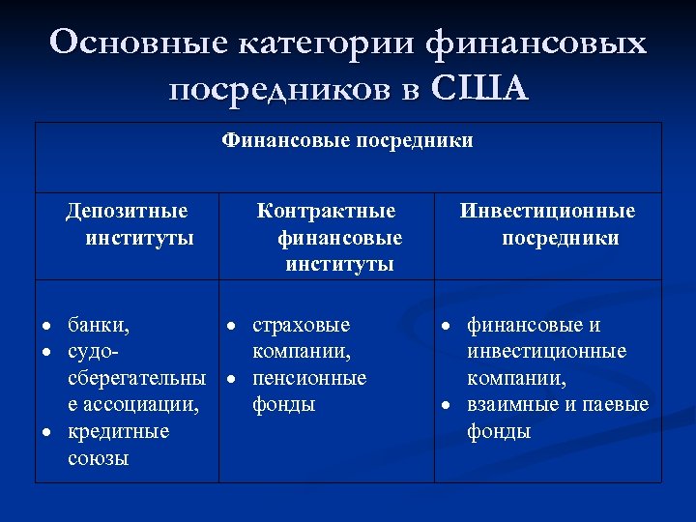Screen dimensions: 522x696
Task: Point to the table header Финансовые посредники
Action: (x=348, y=141)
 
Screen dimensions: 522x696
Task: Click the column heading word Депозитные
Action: (x=127, y=211)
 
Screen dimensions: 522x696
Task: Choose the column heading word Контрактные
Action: (x=326, y=211)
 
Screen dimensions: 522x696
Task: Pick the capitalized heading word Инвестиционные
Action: (x=548, y=211)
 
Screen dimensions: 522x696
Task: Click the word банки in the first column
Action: (x=98, y=326)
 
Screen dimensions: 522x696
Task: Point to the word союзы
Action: (x=99, y=458)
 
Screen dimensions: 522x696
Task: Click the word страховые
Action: (x=302, y=326)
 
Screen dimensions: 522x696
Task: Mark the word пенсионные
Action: (x=309, y=378)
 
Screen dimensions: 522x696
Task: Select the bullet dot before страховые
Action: (x=231, y=326)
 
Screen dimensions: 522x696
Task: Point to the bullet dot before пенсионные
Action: (x=231, y=378)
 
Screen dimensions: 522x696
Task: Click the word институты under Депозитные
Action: (x=140, y=238)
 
